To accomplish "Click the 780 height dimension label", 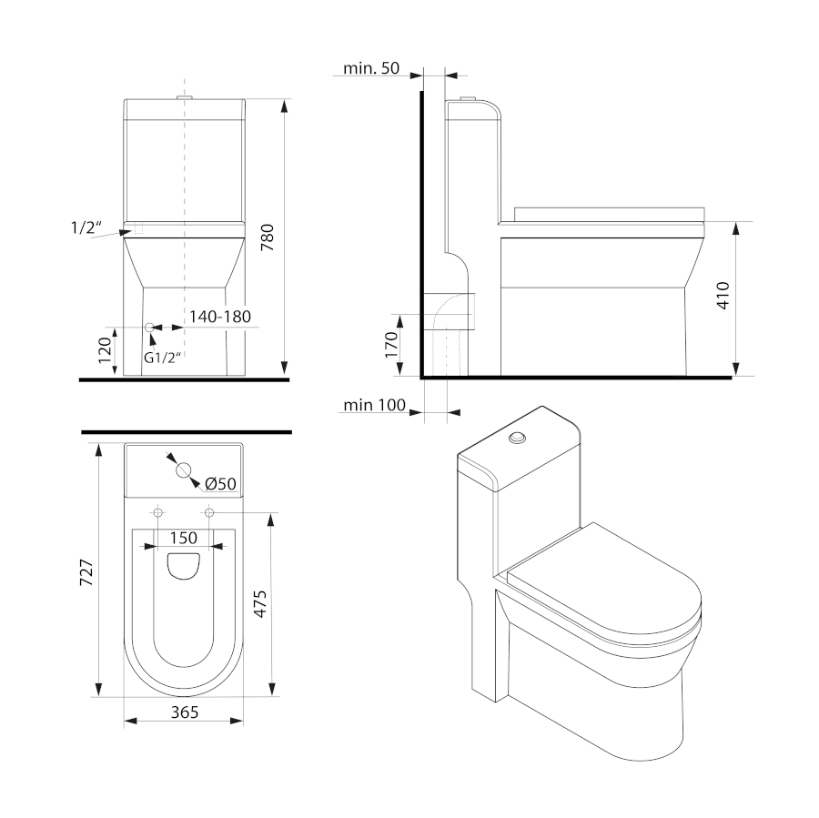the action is click(x=267, y=237).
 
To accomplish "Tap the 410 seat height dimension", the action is click(x=723, y=296).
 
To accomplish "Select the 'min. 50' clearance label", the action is click(x=371, y=68).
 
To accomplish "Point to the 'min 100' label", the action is click(x=375, y=405).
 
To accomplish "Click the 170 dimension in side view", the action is click(x=391, y=345).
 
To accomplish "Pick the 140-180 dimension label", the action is click(x=220, y=317).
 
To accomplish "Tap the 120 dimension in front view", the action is click(x=105, y=350).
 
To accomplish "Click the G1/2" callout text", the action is click(x=164, y=359).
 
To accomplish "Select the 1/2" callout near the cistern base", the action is click(x=86, y=227).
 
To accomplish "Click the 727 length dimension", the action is click(x=86, y=572).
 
